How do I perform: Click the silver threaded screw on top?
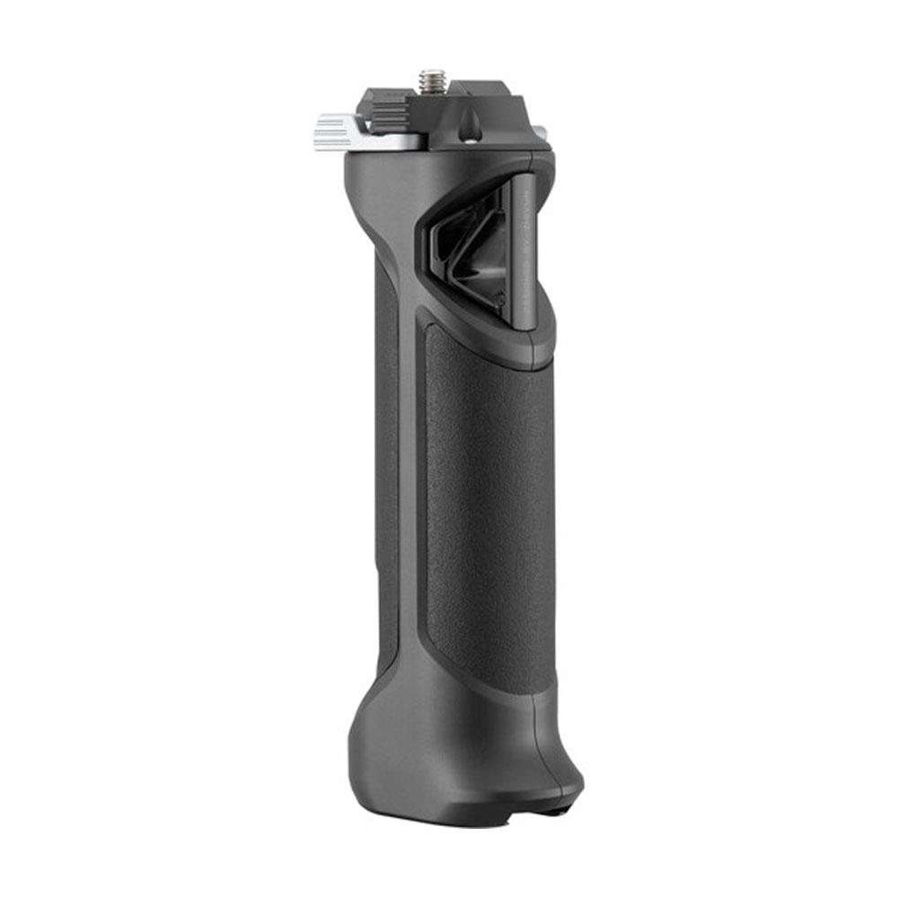tap(428, 82)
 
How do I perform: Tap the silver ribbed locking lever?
tap(334, 132)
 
